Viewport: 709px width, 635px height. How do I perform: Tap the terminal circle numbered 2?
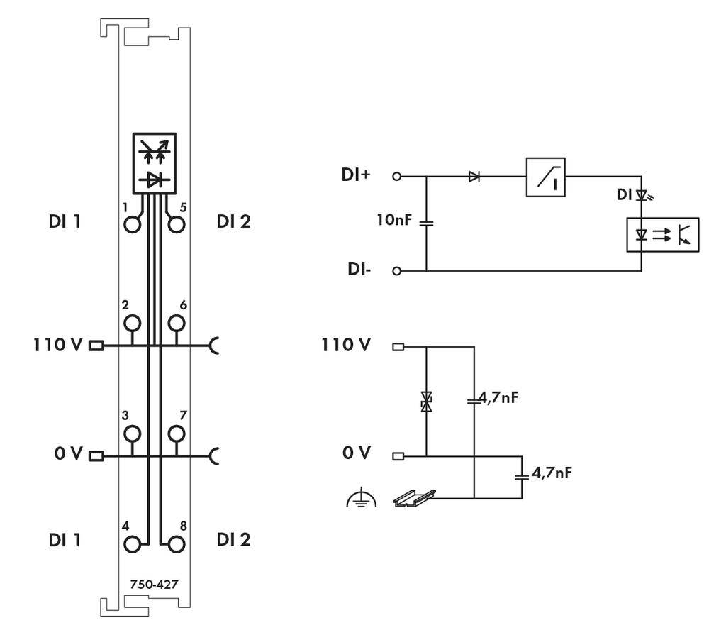pyautogui.click(x=132, y=324)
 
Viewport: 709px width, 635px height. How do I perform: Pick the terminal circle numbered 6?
pyautogui.click(x=176, y=324)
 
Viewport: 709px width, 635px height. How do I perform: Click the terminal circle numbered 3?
pyautogui.click(x=132, y=433)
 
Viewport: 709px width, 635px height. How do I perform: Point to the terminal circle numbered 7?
pyautogui.click(x=176, y=433)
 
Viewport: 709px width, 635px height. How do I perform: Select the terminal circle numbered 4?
pyautogui.click(x=132, y=543)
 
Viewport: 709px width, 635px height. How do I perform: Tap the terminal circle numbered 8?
pyautogui.click(x=176, y=543)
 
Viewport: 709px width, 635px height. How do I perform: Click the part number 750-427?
pyautogui.click(x=154, y=585)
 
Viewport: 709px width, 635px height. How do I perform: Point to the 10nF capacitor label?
pyautogui.click(x=393, y=221)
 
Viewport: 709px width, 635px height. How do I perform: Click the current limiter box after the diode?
pyautogui.click(x=545, y=177)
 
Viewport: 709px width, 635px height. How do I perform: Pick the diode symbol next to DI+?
pyautogui.click(x=474, y=177)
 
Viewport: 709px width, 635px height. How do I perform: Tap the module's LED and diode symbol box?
pyautogui.click(x=154, y=164)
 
